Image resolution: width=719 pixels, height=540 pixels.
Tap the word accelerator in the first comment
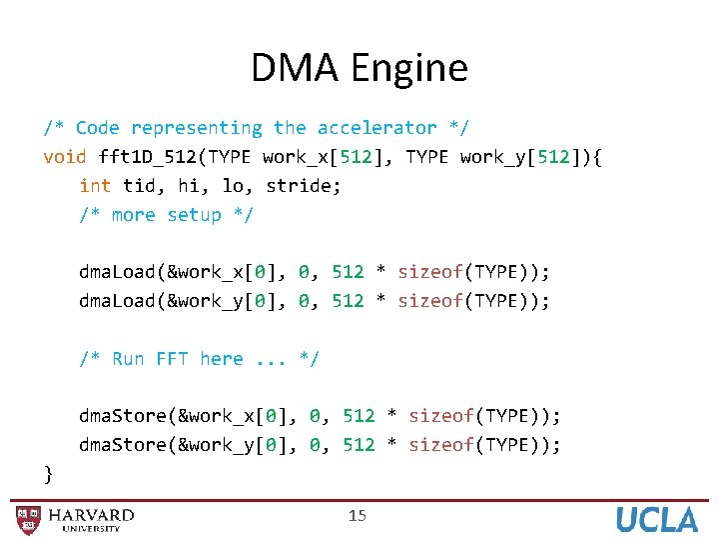(x=376, y=128)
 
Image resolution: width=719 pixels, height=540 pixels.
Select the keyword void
(x=65, y=157)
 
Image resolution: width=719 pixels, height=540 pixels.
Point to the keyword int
(x=95, y=186)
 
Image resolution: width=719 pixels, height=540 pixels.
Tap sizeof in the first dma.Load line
(x=430, y=272)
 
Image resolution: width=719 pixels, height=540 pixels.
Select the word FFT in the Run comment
(x=172, y=359)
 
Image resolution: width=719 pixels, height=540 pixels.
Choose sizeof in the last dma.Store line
(x=441, y=445)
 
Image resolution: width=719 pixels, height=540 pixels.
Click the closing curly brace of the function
(x=49, y=473)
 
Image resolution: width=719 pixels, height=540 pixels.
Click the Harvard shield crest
(x=29, y=520)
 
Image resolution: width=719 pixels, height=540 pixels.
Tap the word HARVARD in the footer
(x=91, y=515)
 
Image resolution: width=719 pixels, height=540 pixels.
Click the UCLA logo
(x=656, y=520)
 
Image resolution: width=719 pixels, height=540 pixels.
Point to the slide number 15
(x=358, y=516)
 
